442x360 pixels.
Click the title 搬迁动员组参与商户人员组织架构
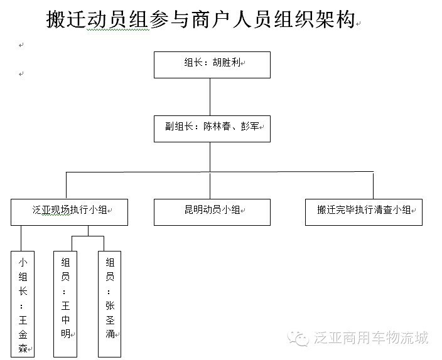click(x=200, y=19)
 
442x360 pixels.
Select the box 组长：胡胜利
click(x=212, y=65)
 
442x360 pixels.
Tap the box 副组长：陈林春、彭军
click(x=212, y=129)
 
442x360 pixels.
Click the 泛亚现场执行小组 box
click(x=69, y=212)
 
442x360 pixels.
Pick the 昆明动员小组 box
click(x=212, y=212)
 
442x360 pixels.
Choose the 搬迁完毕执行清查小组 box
click(x=364, y=212)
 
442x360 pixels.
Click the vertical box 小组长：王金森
click(x=23, y=304)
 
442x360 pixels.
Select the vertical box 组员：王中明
click(x=65, y=304)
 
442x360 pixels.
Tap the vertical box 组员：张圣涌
click(x=109, y=304)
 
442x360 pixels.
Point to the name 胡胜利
click(x=226, y=62)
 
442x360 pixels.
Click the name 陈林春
click(x=217, y=126)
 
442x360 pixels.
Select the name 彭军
click(x=250, y=126)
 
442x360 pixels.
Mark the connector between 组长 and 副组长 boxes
click(x=210, y=97)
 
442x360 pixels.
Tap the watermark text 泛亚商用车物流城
click(x=371, y=338)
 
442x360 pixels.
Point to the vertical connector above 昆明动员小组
click(x=210, y=186)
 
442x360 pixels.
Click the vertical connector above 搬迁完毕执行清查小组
click(x=373, y=186)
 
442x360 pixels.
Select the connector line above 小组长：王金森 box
click(x=21, y=238)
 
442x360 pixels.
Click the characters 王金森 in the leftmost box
click(x=23, y=334)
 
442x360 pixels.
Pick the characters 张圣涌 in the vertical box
click(x=110, y=320)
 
